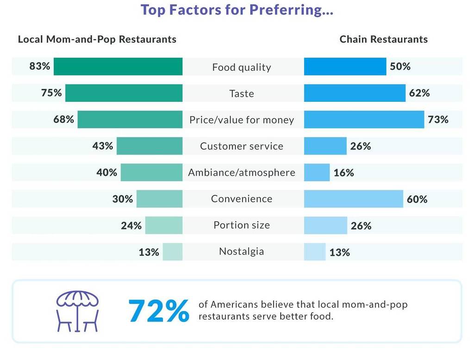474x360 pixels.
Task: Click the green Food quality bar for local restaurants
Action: point(118,67)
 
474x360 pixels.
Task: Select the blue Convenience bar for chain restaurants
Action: point(354,199)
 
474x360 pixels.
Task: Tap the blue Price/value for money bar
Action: point(364,119)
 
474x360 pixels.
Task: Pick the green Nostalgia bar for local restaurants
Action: point(173,252)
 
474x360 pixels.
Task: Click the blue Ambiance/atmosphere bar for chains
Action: point(317,173)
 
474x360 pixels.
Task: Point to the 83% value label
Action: point(39,66)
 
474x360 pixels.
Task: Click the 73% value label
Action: point(438,119)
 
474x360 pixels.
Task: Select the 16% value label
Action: point(343,173)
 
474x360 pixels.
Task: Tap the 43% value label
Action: point(102,146)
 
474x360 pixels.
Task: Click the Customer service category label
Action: point(242,146)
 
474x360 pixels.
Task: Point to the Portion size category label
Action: point(242,225)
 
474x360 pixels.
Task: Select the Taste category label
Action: point(242,93)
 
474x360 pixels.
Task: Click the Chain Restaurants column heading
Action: point(383,39)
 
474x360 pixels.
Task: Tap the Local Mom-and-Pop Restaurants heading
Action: point(97,39)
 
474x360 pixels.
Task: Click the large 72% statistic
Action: point(158,311)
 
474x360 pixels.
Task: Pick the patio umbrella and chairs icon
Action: point(77,311)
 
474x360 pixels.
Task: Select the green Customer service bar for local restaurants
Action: point(150,146)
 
